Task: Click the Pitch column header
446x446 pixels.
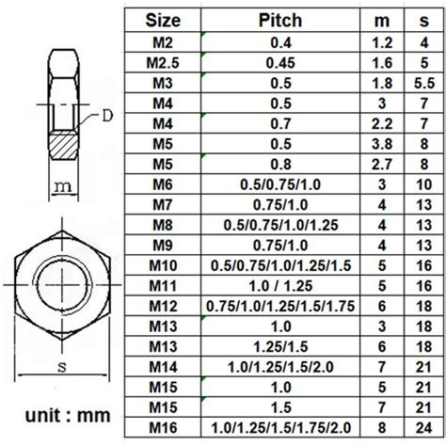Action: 280,21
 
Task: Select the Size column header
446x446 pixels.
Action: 163,21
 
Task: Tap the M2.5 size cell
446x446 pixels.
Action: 163,63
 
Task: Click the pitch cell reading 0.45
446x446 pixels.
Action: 280,63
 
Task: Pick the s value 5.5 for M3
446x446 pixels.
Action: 424,83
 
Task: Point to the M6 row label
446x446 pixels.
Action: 163,184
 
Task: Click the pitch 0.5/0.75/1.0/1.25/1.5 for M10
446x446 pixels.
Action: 280,265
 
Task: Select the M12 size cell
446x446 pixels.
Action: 163,306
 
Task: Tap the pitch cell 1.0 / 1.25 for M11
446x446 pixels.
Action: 280,286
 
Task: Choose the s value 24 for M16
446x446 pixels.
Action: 424,428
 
